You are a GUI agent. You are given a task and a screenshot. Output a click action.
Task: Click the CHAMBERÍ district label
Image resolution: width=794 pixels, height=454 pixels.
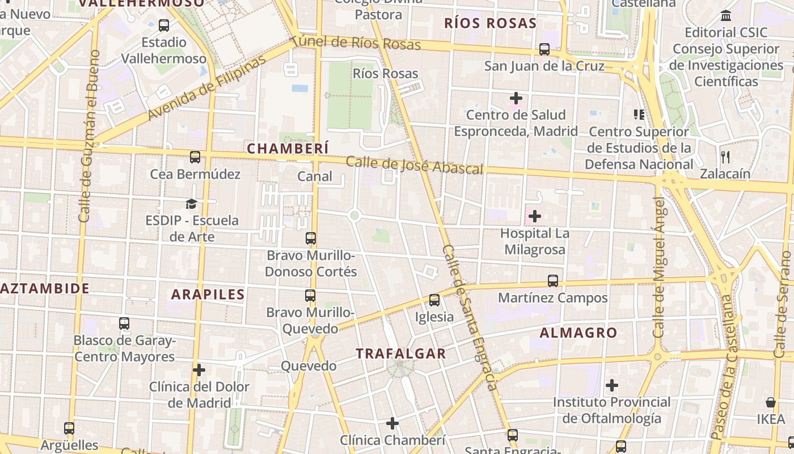288,149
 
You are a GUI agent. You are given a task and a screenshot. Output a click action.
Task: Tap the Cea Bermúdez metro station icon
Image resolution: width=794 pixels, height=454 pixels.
195,157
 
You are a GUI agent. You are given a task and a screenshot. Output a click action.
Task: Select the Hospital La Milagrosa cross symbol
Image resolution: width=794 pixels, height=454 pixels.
534,216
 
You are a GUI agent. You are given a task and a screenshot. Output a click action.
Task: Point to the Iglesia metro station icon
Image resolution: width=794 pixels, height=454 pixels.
434,300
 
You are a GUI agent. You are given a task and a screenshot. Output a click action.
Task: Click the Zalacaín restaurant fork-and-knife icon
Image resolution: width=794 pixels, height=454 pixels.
725,157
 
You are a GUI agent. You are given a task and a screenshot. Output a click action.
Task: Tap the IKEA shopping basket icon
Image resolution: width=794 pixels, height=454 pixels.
771,402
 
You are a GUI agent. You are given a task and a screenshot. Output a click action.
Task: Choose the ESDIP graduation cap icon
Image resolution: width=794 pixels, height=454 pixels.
192,204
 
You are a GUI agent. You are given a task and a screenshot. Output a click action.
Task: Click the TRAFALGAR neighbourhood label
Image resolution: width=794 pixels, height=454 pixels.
401,354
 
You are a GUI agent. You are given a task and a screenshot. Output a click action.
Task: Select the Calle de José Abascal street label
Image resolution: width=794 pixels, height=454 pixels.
415,166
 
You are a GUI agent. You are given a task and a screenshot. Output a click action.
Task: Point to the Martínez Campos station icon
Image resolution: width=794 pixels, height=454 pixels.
552,281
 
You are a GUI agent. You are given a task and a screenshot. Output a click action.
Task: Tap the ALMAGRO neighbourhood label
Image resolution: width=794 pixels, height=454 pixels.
578,333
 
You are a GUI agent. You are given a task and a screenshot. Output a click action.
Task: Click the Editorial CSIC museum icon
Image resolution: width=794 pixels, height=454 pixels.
725,16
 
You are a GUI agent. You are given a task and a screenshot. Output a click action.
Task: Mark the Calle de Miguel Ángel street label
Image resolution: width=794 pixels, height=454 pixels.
658,267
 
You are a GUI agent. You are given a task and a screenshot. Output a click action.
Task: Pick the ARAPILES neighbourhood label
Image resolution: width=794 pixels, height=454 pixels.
208,295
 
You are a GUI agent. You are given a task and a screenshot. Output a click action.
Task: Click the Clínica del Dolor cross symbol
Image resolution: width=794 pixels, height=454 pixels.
198,370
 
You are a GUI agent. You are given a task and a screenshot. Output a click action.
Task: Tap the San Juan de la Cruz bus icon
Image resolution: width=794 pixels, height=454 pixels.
544,49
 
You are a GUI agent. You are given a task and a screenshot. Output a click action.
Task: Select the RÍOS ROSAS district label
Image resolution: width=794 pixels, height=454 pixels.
490,23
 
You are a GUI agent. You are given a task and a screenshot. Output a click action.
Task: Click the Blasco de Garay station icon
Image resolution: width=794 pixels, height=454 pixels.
124,323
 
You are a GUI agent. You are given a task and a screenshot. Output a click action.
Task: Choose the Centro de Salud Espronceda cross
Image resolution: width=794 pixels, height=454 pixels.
516,98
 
